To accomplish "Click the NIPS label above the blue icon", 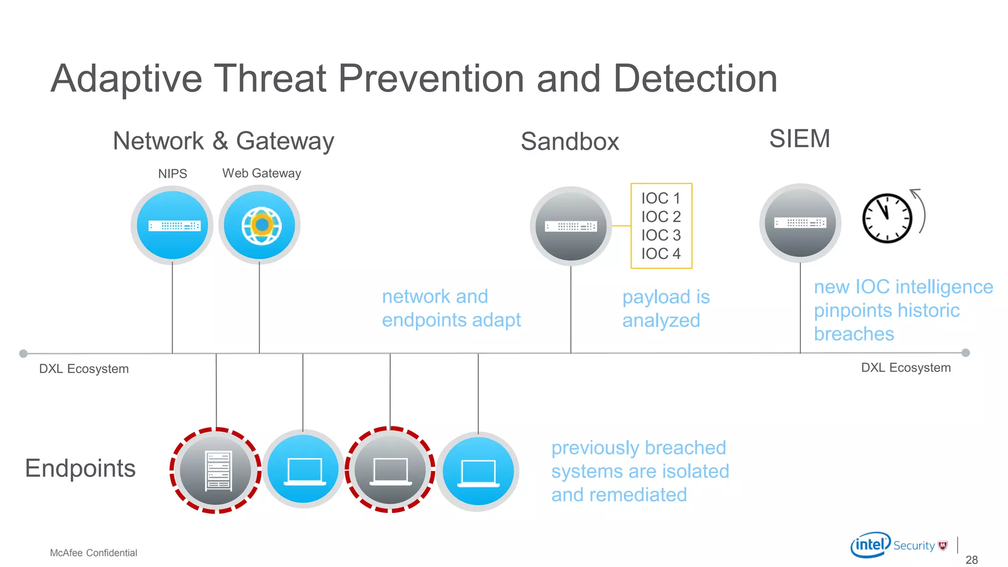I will click(x=172, y=174).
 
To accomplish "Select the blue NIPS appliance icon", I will click(x=172, y=225).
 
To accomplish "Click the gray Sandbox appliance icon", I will click(x=571, y=226).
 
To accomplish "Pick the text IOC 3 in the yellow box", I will click(x=661, y=235).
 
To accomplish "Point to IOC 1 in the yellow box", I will click(x=661, y=198).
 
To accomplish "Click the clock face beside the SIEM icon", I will click(x=887, y=218).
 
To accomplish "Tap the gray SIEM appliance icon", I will click(x=800, y=223).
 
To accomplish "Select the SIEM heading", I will click(x=799, y=138).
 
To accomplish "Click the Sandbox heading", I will click(x=569, y=142).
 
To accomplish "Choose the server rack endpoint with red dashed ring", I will click(x=216, y=471).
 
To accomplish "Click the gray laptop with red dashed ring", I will click(x=390, y=470).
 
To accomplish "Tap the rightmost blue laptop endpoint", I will click(x=478, y=472).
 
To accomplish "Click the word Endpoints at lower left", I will click(x=80, y=468).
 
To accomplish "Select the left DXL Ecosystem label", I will click(x=84, y=369).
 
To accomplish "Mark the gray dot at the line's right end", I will click(x=966, y=353).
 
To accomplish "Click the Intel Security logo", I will click(x=899, y=545).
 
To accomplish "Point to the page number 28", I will click(x=972, y=560).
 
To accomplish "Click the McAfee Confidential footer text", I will click(x=94, y=553).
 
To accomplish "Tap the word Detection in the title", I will click(x=695, y=79).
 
